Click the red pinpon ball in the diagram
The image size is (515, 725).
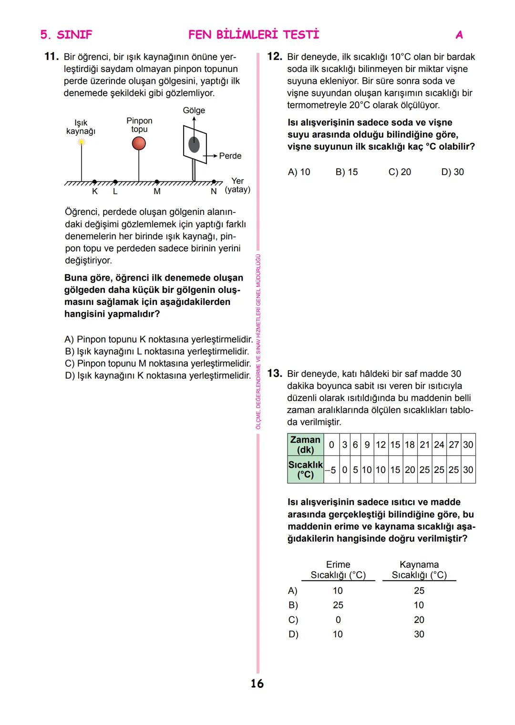click(139, 143)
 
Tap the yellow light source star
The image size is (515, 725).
click(82, 141)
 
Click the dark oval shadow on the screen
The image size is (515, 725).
click(194, 144)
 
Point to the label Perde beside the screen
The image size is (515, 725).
click(230, 156)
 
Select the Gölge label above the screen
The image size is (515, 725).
click(194, 111)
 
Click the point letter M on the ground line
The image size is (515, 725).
click(157, 191)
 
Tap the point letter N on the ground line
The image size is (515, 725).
click(214, 191)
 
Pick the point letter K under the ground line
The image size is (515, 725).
click(94, 191)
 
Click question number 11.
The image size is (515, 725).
click(51, 57)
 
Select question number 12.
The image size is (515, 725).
click(275, 57)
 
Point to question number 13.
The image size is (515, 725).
click(275, 373)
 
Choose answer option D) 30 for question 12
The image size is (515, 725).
click(452, 172)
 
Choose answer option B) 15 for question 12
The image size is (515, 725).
click(347, 172)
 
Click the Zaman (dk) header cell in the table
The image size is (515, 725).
click(306, 445)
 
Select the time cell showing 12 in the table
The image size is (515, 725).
click(381, 445)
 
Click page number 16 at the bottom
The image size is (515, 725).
click(257, 684)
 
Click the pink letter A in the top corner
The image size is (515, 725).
click(459, 35)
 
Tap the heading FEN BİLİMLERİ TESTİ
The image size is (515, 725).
click(254, 35)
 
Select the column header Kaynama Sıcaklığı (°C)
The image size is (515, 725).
click(419, 570)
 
